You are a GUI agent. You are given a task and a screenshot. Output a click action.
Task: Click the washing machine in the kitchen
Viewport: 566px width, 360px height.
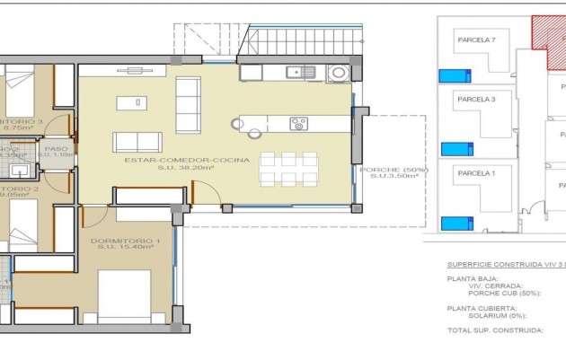click(x=339, y=72)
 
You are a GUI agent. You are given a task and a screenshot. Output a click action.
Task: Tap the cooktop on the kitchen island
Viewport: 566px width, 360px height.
click(x=298, y=124)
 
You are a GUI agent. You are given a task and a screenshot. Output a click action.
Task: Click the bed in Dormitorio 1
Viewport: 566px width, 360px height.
click(x=125, y=296)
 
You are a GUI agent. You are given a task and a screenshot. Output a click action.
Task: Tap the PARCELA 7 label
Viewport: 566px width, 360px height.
click(x=476, y=40)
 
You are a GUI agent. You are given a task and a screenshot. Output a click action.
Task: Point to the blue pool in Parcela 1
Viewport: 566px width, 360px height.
click(x=455, y=223)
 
